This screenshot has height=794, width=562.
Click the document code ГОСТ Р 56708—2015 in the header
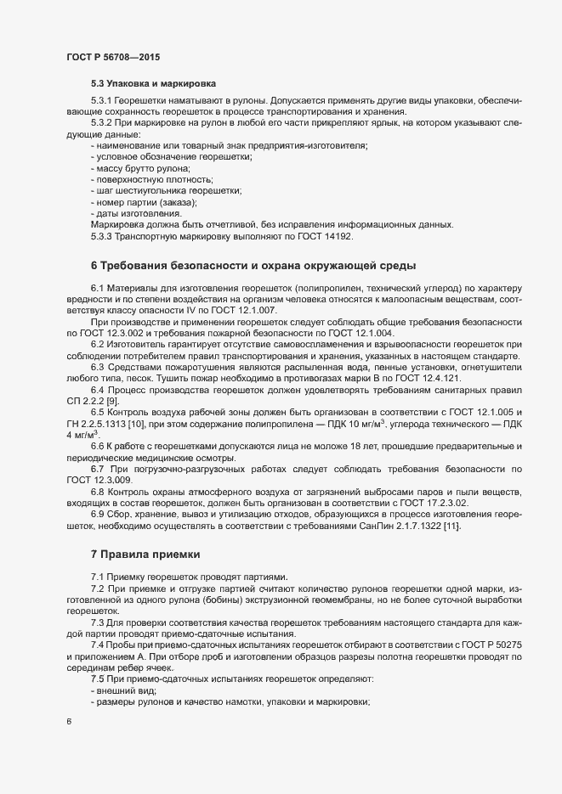(x=113, y=58)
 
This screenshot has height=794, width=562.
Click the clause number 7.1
(x=97, y=577)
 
